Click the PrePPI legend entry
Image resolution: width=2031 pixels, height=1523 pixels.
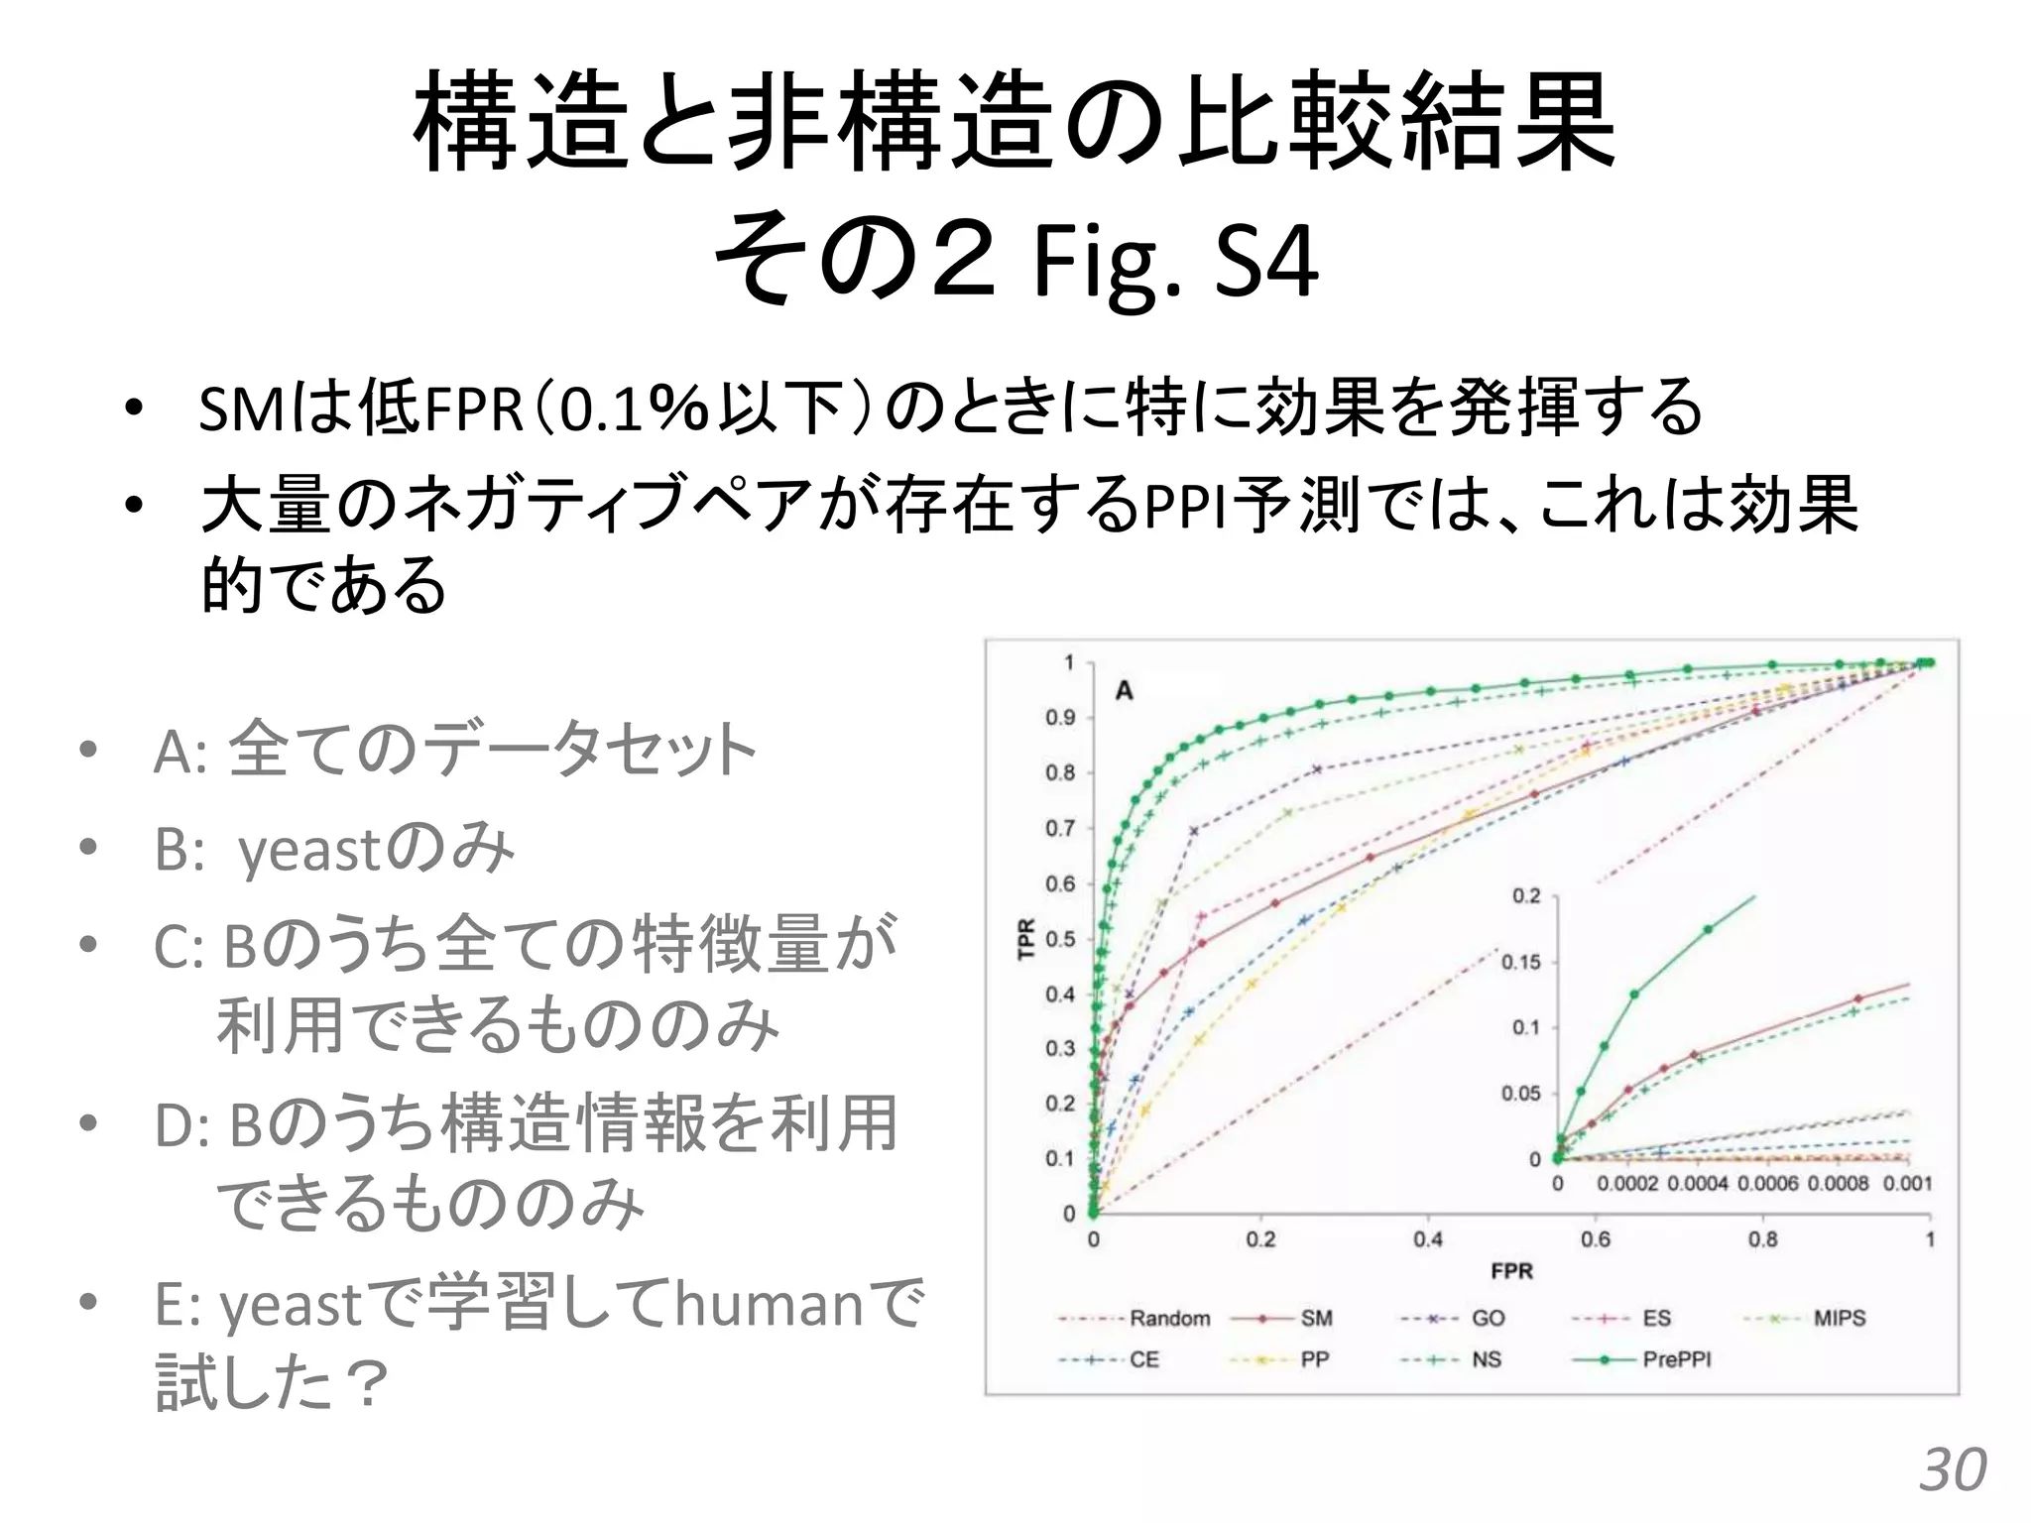pos(1676,1359)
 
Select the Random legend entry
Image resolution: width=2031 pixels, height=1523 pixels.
pos(1169,1319)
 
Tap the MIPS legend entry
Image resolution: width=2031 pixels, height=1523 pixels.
pos(1839,1319)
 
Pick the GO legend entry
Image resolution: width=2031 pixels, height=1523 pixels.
pos(1488,1319)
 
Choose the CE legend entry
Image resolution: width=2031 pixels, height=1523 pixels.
pos(1143,1359)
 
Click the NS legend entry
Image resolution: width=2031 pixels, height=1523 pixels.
pos(1486,1359)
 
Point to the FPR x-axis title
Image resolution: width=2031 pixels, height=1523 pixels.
pos(1511,1271)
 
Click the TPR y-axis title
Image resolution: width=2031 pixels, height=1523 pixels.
pos(1027,938)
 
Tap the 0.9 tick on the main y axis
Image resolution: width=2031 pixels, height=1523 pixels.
pos(1060,718)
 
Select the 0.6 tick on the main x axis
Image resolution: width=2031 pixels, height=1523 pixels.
pos(1596,1239)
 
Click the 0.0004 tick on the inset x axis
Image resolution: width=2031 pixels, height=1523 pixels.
pos(1698,1184)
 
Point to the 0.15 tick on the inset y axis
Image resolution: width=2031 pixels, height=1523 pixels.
pos(1521,963)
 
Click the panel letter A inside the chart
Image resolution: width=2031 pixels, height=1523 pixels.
pos(1124,690)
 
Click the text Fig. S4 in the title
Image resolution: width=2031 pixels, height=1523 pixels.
pos(1174,263)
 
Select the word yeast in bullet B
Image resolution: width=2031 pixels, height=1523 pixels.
pos(309,851)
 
